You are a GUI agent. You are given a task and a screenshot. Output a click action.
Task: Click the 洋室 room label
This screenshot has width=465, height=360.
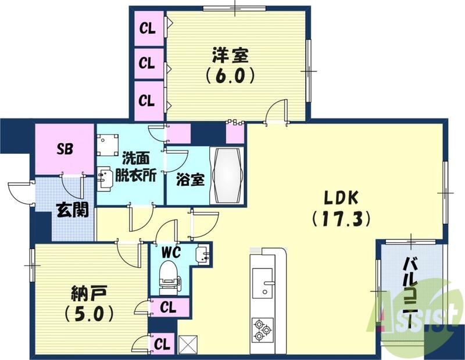coord(230,56)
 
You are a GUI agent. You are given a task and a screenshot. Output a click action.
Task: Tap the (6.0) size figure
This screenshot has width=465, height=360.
coord(230,76)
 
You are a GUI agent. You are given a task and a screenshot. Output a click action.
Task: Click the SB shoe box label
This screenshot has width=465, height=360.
coord(65,148)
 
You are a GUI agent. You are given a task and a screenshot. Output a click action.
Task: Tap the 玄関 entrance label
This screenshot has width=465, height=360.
coord(73,209)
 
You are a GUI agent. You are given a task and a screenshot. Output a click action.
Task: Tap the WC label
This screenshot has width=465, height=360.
coord(172,253)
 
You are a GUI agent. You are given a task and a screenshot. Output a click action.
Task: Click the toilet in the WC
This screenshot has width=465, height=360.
coord(169,275)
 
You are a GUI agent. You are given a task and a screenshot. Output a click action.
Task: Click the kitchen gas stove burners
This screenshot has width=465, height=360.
coord(262,330)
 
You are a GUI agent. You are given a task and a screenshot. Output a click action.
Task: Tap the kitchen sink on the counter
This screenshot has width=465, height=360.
coord(267,285)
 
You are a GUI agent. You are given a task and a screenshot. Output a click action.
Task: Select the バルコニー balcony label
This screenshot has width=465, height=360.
coord(413,296)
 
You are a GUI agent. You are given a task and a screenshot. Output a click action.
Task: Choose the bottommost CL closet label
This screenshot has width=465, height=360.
coord(163,344)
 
